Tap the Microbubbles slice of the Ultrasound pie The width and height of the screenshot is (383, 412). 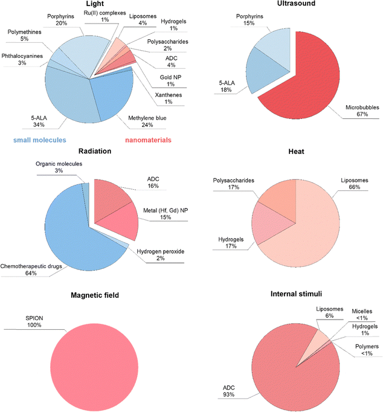304,87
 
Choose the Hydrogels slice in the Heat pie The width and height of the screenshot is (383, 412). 268,224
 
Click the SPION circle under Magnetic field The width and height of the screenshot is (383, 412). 94,367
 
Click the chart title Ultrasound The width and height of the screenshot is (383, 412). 296,4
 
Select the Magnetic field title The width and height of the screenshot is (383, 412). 95,295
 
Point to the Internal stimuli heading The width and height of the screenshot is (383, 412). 296,294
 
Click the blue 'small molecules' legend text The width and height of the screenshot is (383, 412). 40,140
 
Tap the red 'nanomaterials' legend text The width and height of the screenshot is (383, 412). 148,140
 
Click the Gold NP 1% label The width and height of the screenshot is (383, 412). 170,81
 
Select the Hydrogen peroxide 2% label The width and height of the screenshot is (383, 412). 161,254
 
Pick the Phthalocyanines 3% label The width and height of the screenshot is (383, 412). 22,59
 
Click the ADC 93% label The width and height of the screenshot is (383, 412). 228,391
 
